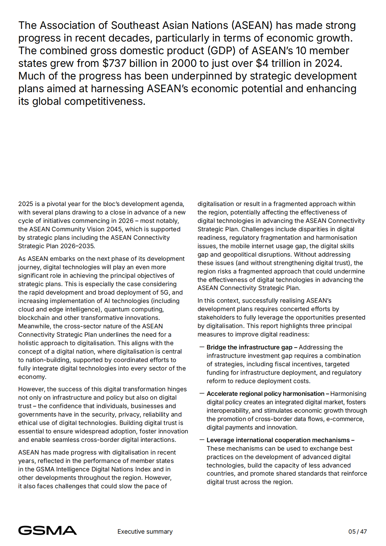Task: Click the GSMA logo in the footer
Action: click(x=47, y=530)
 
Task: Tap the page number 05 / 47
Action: click(x=357, y=531)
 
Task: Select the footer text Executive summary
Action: click(x=145, y=531)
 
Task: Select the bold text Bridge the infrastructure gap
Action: click(x=249, y=347)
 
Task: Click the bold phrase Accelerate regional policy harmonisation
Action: click(x=265, y=394)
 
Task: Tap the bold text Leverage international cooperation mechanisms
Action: click(x=278, y=440)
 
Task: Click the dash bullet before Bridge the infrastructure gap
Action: click(x=202, y=347)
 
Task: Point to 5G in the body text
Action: click(x=165, y=293)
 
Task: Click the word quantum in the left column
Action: click(x=115, y=309)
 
